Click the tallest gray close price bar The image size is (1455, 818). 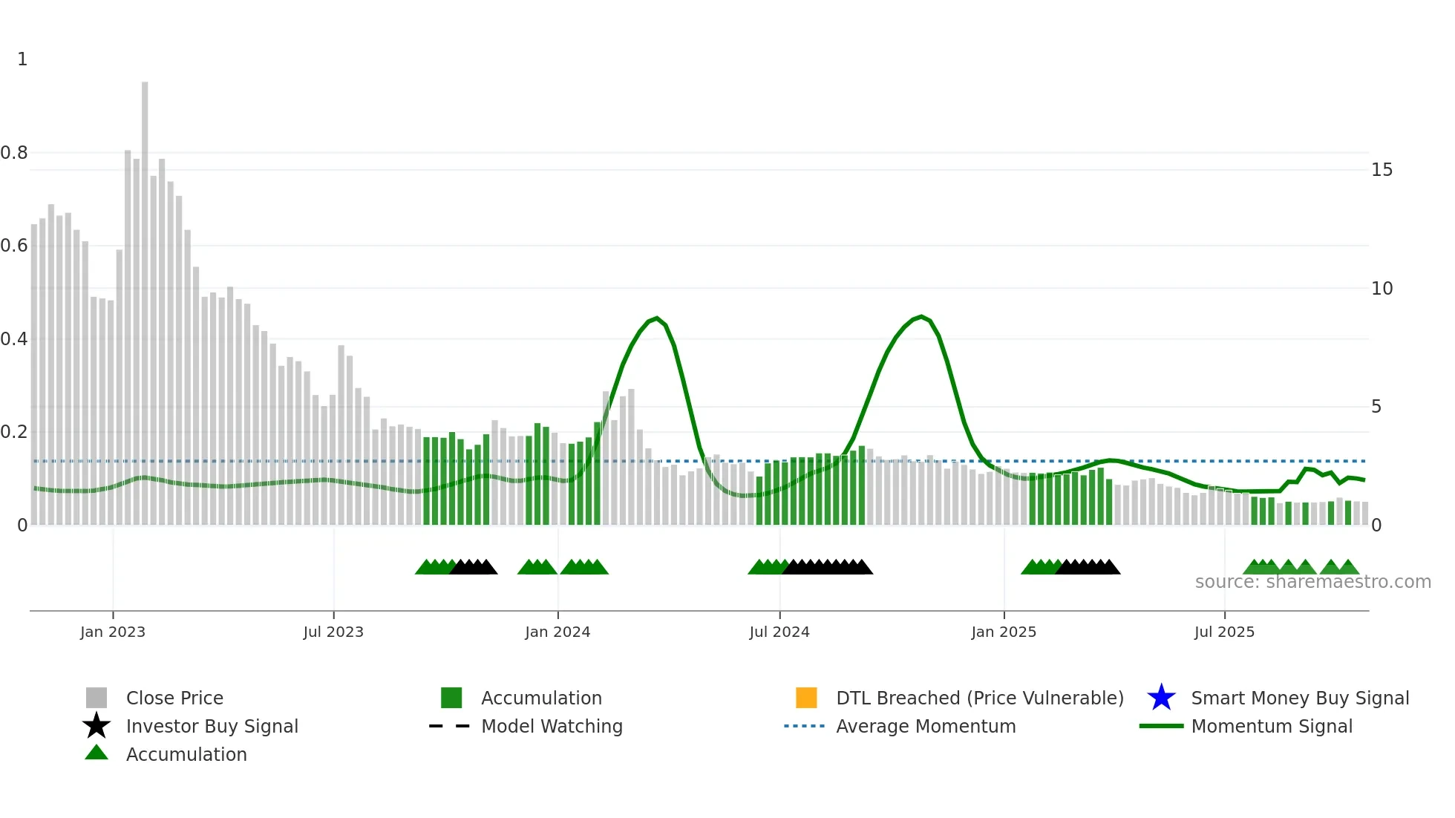(x=145, y=297)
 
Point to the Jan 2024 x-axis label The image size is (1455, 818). (x=558, y=632)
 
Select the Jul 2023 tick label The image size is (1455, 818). (x=333, y=632)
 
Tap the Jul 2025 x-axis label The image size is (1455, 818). (x=1224, y=632)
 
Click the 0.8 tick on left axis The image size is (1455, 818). (x=14, y=153)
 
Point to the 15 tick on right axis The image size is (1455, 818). (x=1382, y=170)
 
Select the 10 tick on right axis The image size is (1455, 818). (x=1382, y=289)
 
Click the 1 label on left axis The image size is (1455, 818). (x=22, y=59)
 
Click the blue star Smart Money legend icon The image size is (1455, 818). (x=1161, y=698)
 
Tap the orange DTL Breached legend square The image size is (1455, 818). (x=806, y=698)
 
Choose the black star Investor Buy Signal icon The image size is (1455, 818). (x=97, y=726)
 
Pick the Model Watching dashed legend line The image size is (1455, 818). (x=449, y=726)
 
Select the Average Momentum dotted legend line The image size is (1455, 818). (x=804, y=726)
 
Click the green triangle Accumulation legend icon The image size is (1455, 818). (x=97, y=753)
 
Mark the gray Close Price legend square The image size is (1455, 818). (x=97, y=698)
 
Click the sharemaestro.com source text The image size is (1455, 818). (x=1312, y=582)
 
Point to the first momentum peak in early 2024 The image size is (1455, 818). (x=656, y=318)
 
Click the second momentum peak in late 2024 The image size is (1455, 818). (x=921, y=317)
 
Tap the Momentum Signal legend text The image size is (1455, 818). (x=1272, y=726)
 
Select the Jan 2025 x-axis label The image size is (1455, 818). (x=1004, y=632)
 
